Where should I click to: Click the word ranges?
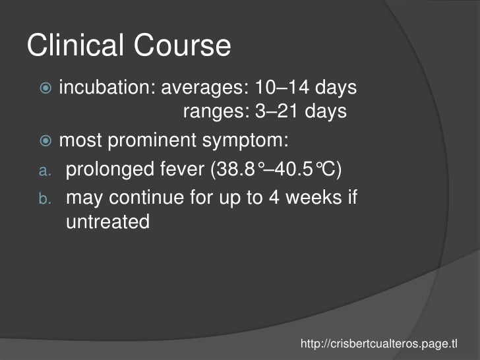212,112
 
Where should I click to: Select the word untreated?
108,223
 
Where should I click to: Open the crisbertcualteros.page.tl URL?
378,344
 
